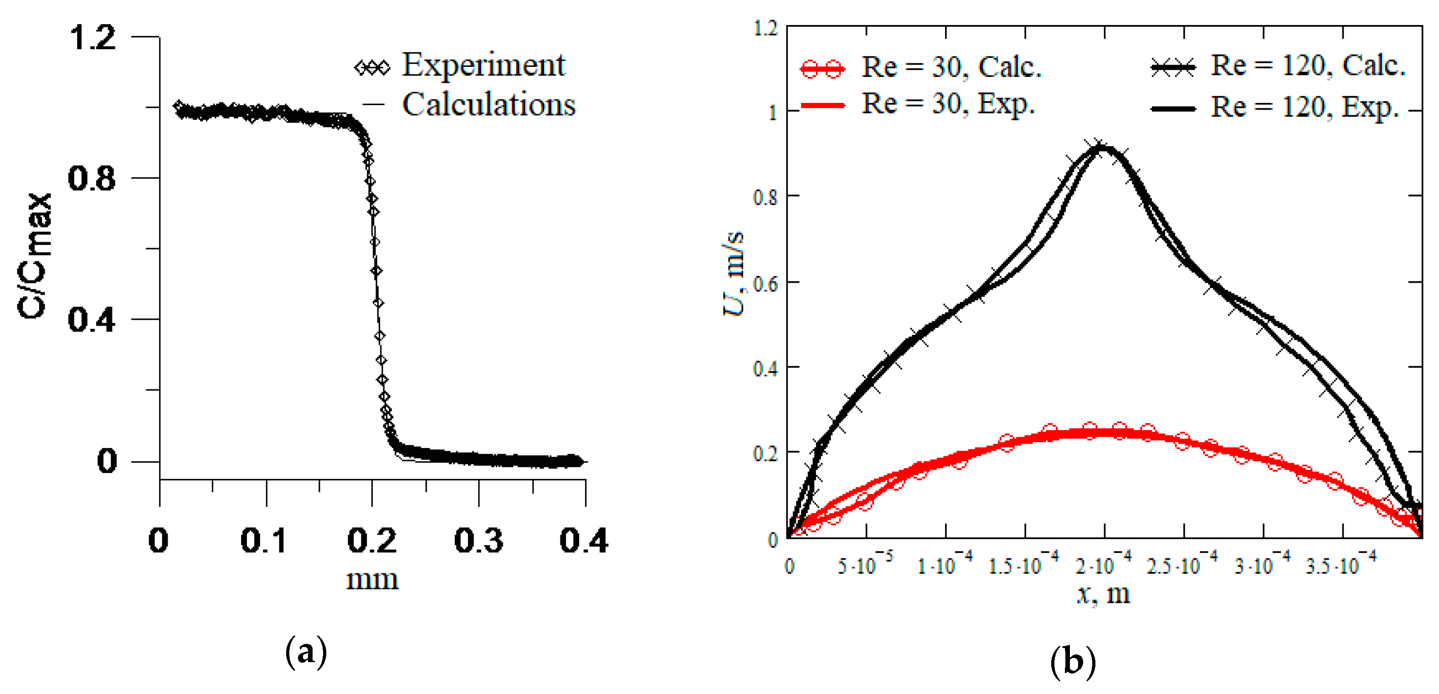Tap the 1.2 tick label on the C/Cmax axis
pos(92,37)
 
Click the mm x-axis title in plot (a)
pos(372,580)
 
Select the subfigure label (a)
pos(306,652)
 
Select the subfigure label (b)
pos(1073,662)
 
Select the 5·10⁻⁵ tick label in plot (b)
pos(865,565)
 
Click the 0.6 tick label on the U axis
pos(766,284)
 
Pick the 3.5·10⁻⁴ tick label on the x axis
pos(1341,565)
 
